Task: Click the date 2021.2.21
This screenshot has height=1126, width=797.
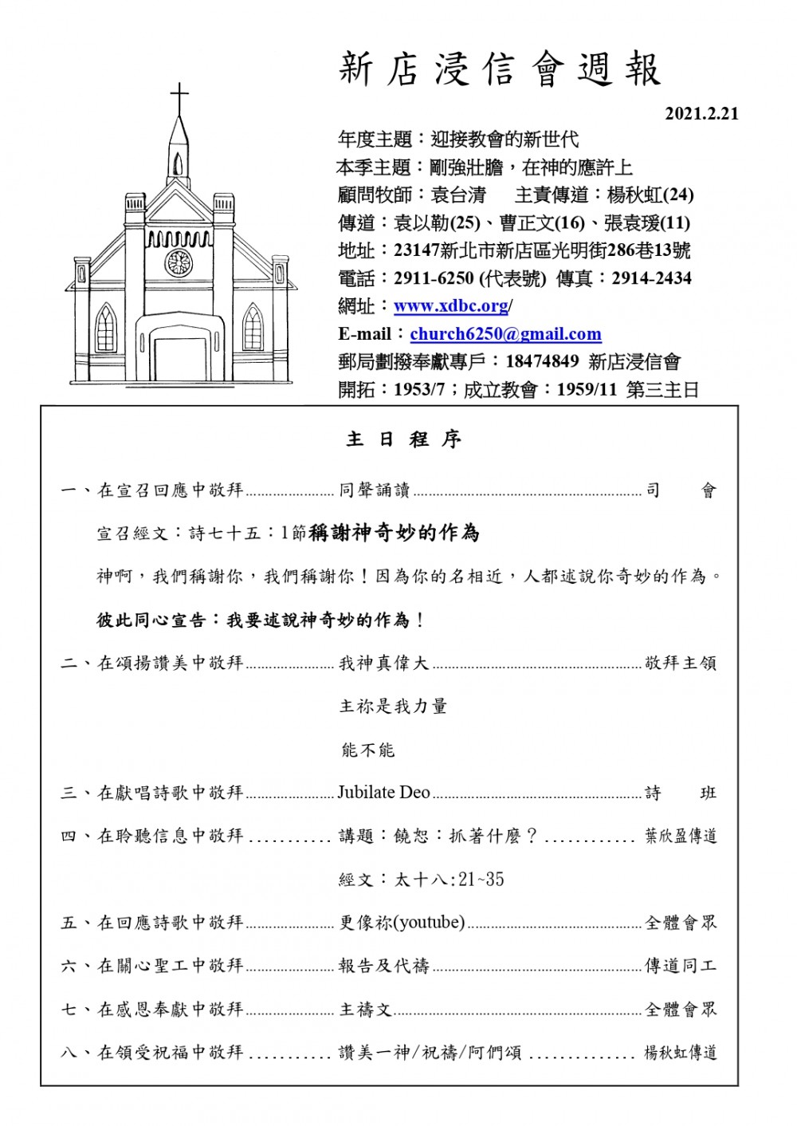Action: coord(701,114)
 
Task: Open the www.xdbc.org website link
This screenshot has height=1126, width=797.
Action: coord(452,306)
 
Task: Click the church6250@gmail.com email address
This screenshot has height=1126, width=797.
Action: coord(505,334)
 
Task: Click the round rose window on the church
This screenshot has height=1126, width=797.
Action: coord(179,262)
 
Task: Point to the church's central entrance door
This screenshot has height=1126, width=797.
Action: coord(179,360)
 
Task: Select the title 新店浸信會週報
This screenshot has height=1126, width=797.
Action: coord(501,70)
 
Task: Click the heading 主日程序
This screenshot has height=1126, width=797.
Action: coord(404,439)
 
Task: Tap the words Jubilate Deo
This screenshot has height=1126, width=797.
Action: coord(384,793)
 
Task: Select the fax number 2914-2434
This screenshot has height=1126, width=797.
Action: coord(652,279)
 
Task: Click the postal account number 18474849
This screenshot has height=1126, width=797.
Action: coord(542,362)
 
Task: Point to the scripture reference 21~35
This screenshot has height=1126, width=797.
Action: coord(481,880)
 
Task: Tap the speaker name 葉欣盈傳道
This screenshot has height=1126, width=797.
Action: coord(681,836)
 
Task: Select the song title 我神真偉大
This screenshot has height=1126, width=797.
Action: coord(384,663)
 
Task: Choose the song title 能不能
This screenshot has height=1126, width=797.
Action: coord(367,750)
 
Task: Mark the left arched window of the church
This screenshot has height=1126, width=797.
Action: coord(104,328)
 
